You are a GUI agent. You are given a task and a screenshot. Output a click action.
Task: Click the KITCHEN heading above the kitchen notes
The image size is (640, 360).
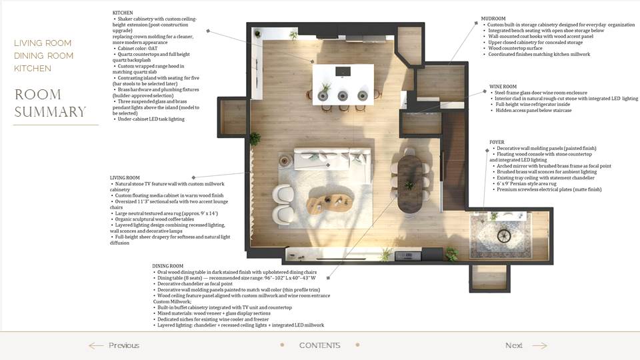coord(123,13)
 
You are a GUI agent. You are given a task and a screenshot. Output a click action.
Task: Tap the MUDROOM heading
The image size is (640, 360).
coord(493,19)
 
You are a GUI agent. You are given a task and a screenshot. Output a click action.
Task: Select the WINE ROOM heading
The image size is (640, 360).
coord(503,87)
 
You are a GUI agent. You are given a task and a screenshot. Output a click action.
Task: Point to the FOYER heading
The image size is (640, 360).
coord(497,142)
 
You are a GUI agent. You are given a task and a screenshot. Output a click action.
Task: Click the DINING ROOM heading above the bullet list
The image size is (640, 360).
coord(168,266)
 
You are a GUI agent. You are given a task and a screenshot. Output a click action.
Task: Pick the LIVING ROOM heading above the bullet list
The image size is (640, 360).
coord(125,177)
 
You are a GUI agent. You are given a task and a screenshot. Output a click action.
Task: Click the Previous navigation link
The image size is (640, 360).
coord(124,345)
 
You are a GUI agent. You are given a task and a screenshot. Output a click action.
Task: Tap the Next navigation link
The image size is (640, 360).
coord(513,345)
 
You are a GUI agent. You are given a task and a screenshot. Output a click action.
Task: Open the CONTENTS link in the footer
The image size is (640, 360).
coord(319,345)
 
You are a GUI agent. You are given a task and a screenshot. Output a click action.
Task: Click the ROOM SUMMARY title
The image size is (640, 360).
coord(50,103)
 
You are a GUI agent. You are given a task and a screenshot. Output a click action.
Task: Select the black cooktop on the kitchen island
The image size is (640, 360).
coord(343,71)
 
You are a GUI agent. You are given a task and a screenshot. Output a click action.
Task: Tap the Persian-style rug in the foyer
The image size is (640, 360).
coord(501,235)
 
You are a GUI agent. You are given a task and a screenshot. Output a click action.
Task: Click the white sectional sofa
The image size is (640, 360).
coord(333,161)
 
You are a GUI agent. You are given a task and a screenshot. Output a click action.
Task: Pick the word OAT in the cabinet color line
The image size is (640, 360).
coord(153,48)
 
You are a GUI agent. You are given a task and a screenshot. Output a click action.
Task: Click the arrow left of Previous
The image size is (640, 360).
coord(96,346)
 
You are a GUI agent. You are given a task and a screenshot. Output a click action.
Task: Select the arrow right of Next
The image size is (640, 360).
coord(539,346)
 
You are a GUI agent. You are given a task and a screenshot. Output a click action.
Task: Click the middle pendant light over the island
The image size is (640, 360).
coord(343,95)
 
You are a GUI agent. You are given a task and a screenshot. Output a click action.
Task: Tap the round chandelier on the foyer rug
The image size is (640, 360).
coord(505,235)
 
